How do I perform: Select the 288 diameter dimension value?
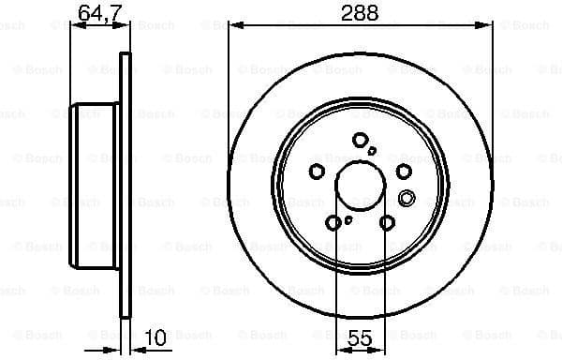[x=361, y=13]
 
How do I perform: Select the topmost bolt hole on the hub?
[x=361, y=140]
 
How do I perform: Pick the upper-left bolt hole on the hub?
[x=317, y=171]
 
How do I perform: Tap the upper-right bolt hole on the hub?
[x=404, y=171]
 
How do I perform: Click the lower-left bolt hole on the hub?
[x=333, y=222]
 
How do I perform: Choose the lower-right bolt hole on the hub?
[x=388, y=222]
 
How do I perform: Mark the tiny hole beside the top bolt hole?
[x=372, y=150]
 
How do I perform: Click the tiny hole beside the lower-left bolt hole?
[x=348, y=220]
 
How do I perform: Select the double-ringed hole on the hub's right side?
[x=407, y=197]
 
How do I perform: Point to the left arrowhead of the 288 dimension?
[x=234, y=26]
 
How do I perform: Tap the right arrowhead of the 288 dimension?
[x=488, y=26]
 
